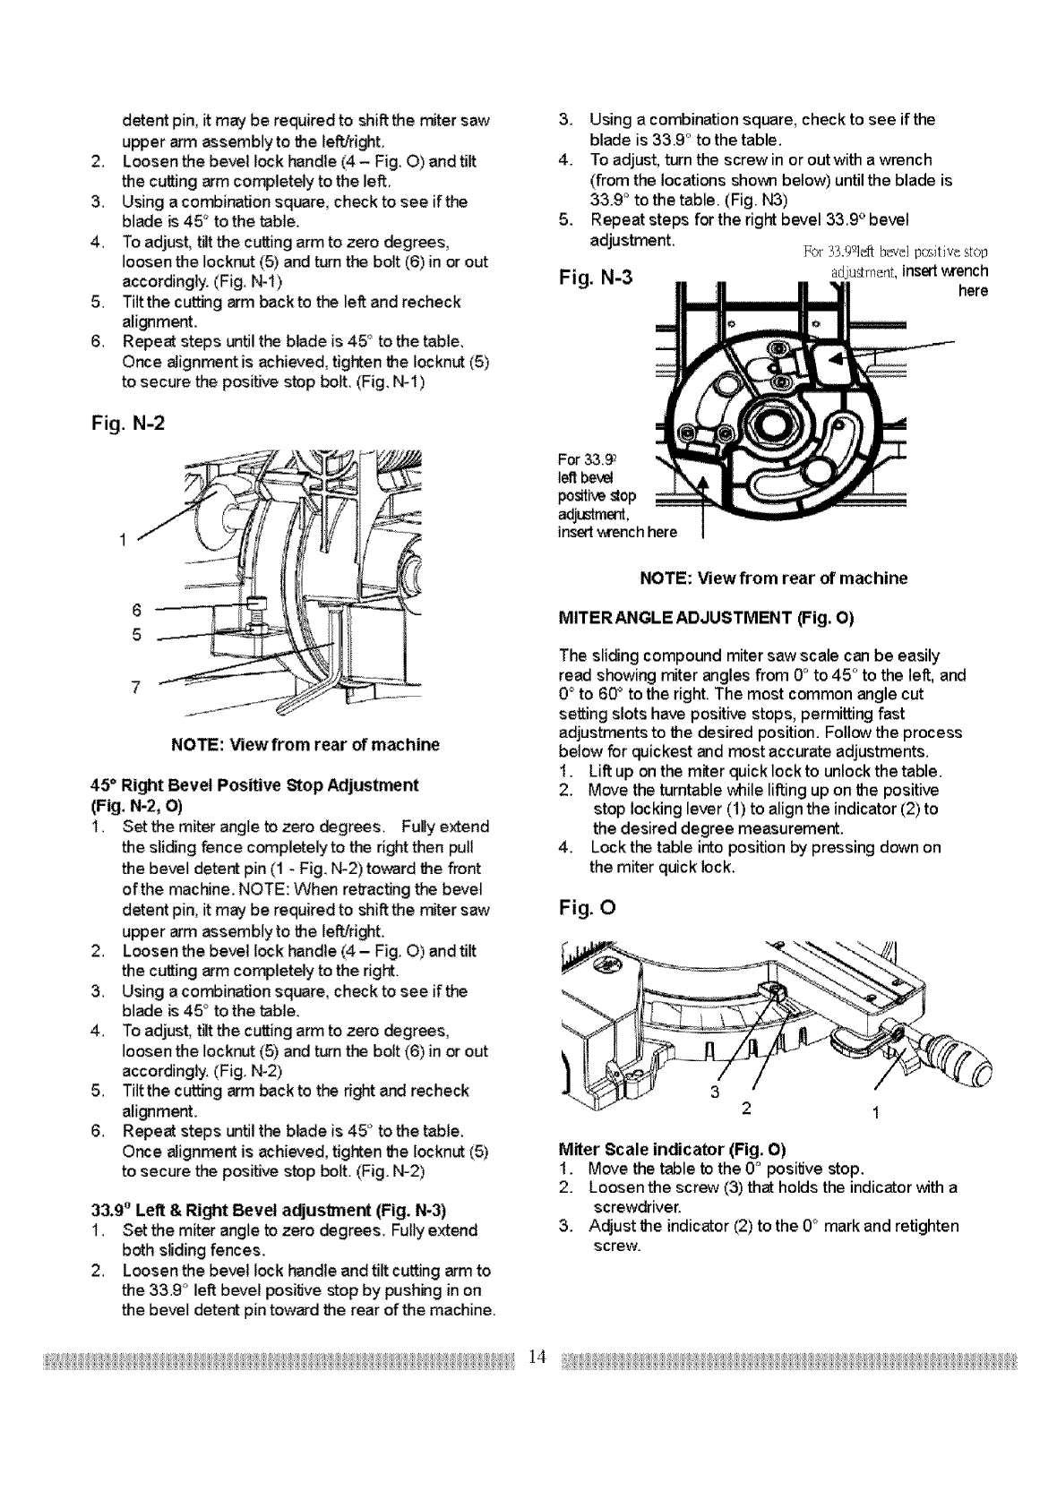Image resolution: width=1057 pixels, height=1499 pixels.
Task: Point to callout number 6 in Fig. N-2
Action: pos(135,610)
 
